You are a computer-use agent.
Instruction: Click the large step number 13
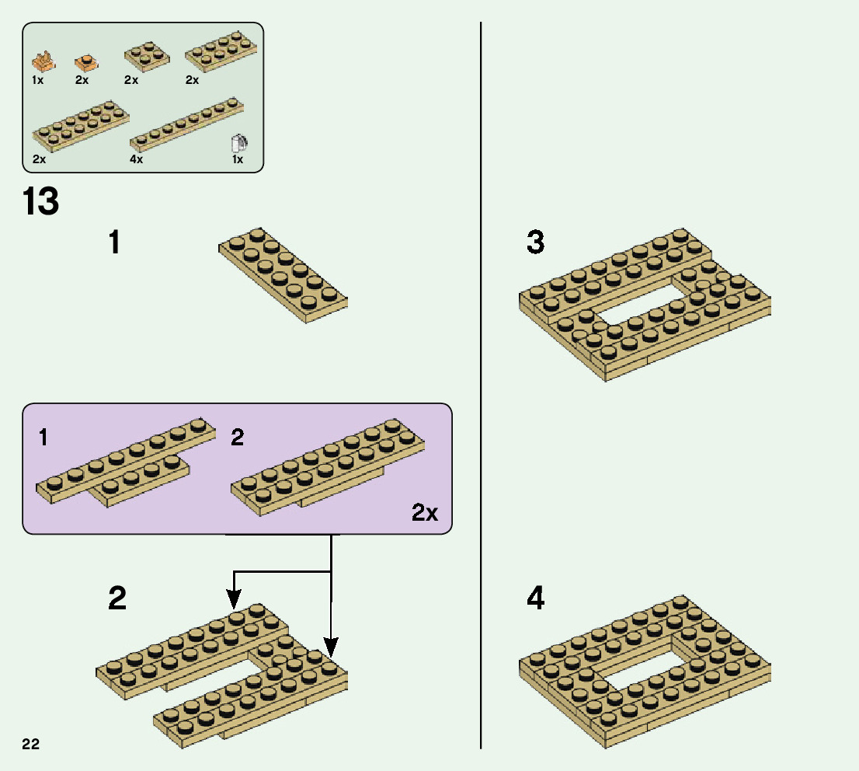[41, 201]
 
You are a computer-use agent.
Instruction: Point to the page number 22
[31, 744]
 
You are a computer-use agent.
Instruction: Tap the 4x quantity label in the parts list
[137, 159]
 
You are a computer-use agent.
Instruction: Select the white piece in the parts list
[239, 144]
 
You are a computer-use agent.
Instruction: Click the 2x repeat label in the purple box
[425, 513]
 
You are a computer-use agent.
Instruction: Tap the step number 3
[535, 242]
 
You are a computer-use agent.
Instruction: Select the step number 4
[535, 598]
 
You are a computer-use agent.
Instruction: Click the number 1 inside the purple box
[43, 438]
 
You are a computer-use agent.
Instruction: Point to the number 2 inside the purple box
[238, 438]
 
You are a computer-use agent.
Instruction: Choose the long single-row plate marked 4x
[186, 125]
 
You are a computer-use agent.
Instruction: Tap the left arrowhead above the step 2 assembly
[234, 598]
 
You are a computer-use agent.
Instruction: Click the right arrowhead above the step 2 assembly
[331, 647]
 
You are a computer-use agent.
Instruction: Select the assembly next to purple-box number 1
[124, 466]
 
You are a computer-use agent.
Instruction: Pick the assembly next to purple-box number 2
[328, 465]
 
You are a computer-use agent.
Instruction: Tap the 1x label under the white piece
[238, 159]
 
